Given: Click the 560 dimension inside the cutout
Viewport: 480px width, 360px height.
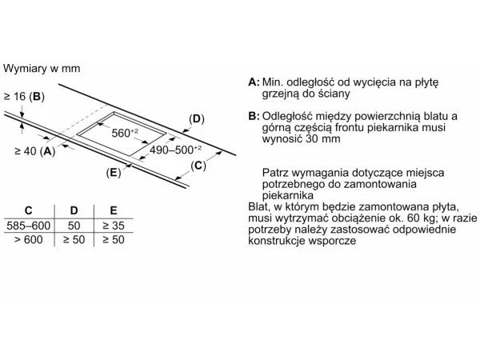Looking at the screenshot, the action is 125,133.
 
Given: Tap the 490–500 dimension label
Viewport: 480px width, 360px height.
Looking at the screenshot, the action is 175,150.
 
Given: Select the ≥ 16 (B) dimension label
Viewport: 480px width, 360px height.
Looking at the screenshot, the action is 24,97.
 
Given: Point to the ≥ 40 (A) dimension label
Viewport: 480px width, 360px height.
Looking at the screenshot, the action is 35,151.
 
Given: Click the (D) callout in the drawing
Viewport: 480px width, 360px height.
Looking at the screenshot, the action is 197,118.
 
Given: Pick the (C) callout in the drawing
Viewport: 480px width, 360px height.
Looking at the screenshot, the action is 198,166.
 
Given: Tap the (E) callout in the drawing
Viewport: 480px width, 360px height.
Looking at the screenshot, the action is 114,173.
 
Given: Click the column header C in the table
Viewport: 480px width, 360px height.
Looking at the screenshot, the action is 28,210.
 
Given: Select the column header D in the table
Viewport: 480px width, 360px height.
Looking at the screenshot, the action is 74,210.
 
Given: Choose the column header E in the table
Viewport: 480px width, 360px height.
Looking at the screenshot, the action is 114,210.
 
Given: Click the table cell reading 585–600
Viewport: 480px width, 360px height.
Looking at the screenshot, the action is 29,226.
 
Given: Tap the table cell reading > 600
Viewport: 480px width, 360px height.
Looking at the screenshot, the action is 29,239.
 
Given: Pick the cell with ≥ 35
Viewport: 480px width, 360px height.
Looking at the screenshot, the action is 114,226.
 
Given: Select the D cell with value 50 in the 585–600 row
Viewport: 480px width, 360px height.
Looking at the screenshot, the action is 74,226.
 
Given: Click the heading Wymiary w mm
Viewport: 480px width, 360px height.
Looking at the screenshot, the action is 42,68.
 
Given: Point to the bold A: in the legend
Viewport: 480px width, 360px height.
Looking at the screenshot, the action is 254,82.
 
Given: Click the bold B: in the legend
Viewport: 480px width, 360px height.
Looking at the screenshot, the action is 254,116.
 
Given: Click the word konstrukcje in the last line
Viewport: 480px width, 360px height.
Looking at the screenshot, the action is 277,240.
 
